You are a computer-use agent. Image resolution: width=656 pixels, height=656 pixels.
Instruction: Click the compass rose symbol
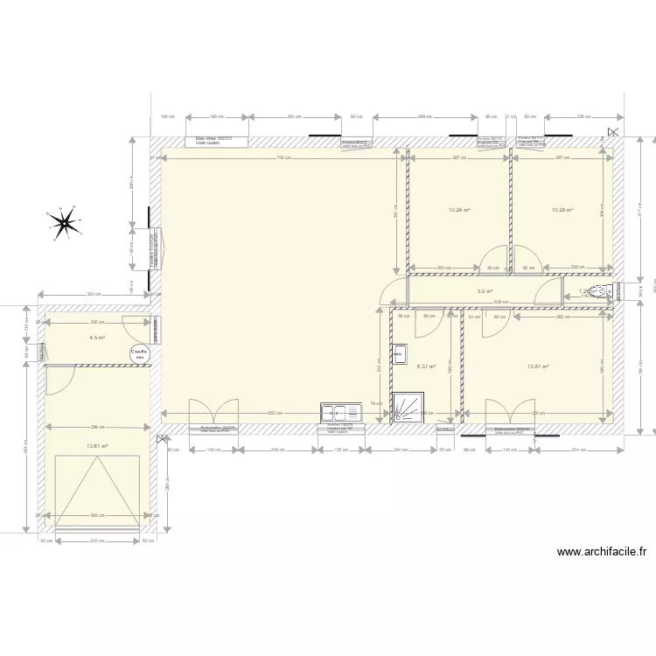(64, 223)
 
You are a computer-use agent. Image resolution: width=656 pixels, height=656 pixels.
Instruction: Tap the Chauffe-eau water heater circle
(139, 353)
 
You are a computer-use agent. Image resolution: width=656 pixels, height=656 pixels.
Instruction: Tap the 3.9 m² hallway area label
(485, 292)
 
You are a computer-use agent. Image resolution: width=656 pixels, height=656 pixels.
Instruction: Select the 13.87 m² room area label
(537, 367)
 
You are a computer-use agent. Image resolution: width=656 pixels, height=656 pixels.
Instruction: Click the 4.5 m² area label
(96, 337)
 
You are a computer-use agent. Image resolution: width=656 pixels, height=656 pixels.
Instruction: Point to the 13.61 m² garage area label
(96, 446)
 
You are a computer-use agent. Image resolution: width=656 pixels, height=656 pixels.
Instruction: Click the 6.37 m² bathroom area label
(426, 367)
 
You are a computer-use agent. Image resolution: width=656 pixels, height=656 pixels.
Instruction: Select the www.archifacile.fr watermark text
(601, 552)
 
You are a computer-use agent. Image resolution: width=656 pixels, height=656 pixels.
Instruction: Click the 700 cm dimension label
(283, 158)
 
